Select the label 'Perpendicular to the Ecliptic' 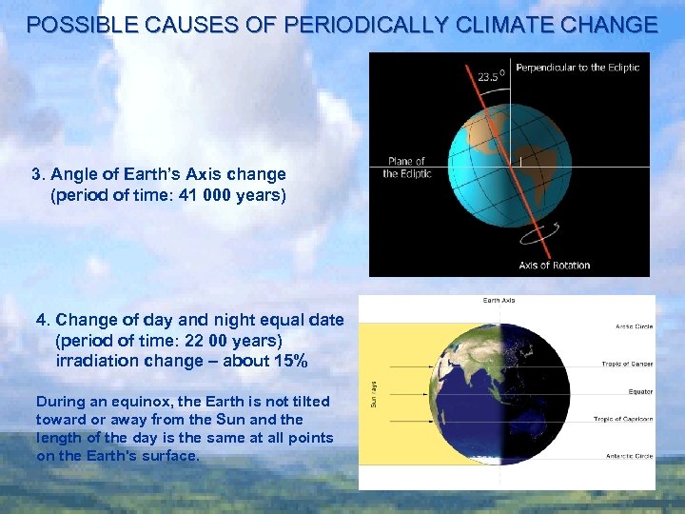577,68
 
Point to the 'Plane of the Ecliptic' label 406,168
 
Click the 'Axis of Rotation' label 554,265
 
